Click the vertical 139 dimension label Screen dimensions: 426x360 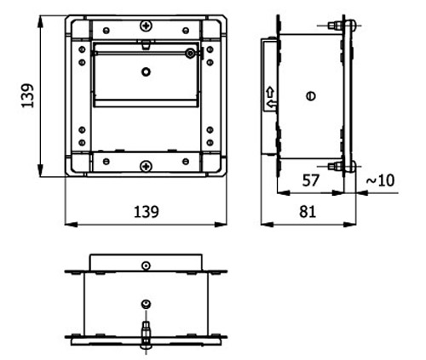27,95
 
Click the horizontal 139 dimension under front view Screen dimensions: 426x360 147,212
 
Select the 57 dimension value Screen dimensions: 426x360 311,180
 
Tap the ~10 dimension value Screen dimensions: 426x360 381,180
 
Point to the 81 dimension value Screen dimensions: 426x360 308,212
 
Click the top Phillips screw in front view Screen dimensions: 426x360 146,26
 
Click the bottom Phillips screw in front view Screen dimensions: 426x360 146,166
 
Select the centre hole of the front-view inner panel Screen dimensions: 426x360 146,71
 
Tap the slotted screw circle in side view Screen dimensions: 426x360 311,96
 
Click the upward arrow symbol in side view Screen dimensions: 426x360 270,93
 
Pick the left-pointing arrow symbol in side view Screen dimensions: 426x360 272,105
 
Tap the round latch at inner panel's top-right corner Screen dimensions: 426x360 190,53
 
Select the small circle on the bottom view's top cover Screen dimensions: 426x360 146,266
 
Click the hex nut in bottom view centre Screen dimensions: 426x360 146,305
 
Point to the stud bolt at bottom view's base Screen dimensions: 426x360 146,334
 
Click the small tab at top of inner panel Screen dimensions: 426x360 146,44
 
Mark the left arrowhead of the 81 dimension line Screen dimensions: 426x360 267,225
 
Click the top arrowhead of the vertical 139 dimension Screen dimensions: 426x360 41,22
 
